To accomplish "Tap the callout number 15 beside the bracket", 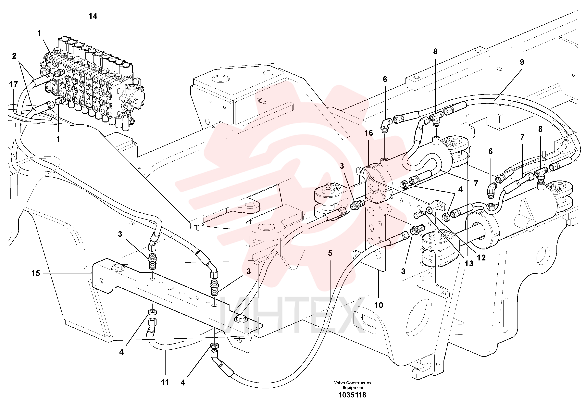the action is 36,273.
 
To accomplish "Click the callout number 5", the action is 330,253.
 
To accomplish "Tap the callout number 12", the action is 481,258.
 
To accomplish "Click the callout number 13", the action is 469,263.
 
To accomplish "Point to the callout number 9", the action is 522,62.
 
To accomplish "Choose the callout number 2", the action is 14,56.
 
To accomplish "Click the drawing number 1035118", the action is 352,395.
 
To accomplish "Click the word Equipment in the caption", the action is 353,388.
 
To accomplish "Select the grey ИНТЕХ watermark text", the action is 291,316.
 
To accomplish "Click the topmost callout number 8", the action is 435,52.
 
